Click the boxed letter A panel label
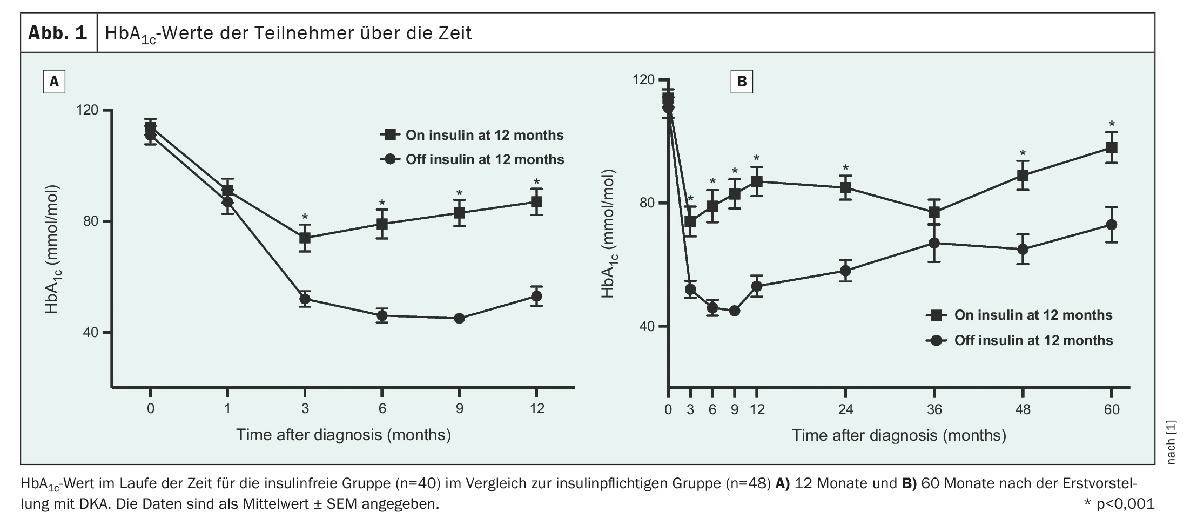(54, 82)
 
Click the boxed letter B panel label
(742, 82)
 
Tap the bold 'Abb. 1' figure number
(58, 33)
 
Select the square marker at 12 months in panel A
(536, 202)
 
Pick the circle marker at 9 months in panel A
(459, 318)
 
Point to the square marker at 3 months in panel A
(305, 238)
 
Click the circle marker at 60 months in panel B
(1111, 225)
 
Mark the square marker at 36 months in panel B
(934, 212)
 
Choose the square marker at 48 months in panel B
(1023, 176)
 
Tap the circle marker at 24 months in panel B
(845, 271)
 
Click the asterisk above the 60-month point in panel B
(1111, 124)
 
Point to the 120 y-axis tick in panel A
(88, 110)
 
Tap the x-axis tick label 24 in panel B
(845, 410)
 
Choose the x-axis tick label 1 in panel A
(227, 408)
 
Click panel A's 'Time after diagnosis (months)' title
(343, 435)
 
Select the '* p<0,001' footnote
(1119, 504)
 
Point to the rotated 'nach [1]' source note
(1171, 442)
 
